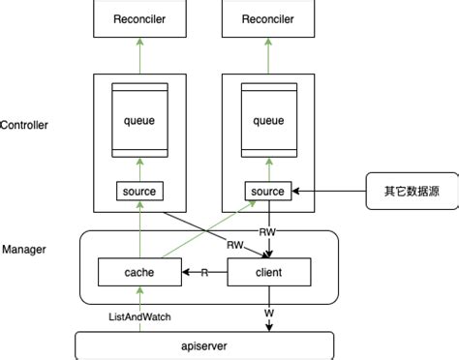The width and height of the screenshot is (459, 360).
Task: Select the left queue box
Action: click(139, 121)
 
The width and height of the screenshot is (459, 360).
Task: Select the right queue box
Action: click(267, 121)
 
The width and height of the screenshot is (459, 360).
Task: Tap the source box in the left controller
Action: click(139, 191)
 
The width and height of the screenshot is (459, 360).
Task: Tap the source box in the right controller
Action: click(267, 191)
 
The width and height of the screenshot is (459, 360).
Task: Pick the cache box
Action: click(139, 273)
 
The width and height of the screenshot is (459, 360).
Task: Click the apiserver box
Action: click(204, 345)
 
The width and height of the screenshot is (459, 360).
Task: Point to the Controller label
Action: click(25, 125)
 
